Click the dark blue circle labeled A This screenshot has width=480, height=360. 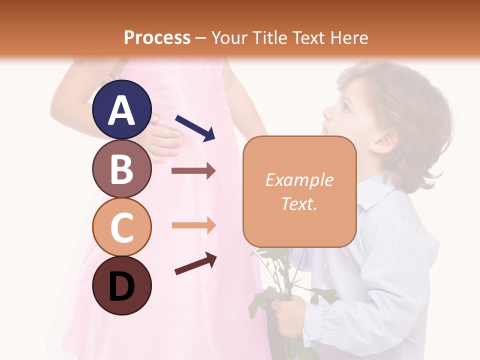[121, 110]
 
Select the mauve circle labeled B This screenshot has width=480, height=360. [121, 169]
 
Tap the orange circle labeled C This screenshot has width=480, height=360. [121, 227]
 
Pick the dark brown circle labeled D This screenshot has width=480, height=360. [121, 286]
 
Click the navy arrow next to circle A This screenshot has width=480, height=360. [195, 127]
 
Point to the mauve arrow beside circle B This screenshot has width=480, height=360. [193, 171]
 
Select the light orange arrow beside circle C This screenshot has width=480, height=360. [193, 225]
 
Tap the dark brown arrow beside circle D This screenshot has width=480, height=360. [195, 263]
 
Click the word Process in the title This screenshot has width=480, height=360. [157, 37]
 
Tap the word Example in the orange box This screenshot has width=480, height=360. [299, 180]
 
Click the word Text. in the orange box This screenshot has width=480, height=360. [299, 203]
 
